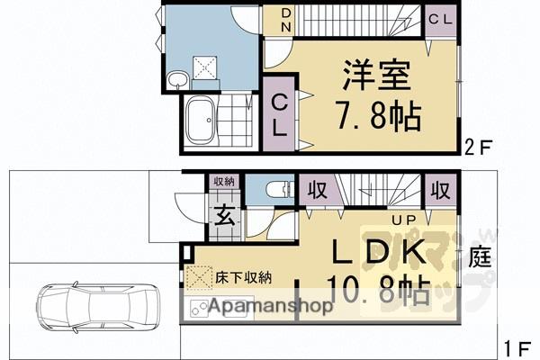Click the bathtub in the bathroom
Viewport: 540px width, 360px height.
(x=200, y=121)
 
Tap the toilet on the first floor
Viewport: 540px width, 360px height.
(x=274, y=190)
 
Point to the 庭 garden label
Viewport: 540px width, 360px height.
(x=480, y=258)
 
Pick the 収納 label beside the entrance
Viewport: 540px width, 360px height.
(x=222, y=182)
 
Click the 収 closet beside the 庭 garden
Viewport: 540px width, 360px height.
(x=439, y=190)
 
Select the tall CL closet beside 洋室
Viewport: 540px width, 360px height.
(x=279, y=115)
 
